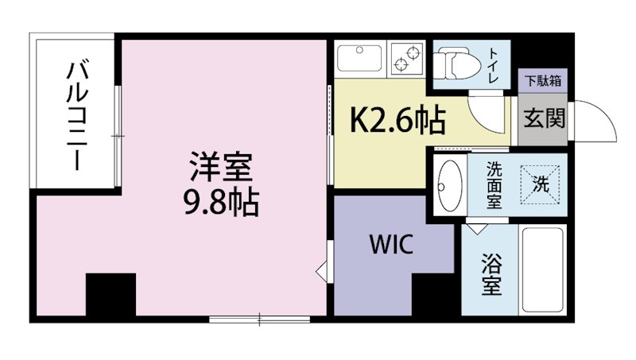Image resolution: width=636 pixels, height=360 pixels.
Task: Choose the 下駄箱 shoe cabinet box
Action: tap(544, 80)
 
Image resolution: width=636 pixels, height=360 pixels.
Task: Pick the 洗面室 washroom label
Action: tap(494, 185)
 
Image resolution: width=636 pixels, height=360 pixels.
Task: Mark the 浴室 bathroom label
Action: tap(492, 274)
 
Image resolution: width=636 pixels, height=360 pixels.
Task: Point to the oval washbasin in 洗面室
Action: tap(451, 185)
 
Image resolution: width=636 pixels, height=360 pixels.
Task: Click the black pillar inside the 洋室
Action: tap(111, 295)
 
